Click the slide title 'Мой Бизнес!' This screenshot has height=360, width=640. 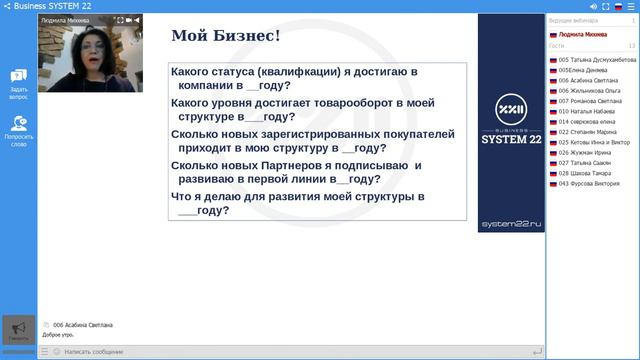coord(225,38)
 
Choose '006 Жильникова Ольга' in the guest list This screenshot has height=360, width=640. coord(590,91)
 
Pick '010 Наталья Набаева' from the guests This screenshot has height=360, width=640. coord(588,112)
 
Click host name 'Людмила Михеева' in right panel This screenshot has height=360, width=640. coord(583,34)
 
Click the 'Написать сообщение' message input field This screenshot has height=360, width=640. coord(290,352)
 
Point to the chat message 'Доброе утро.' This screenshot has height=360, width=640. coord(59,334)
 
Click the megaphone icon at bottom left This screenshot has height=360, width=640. coord(18,328)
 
